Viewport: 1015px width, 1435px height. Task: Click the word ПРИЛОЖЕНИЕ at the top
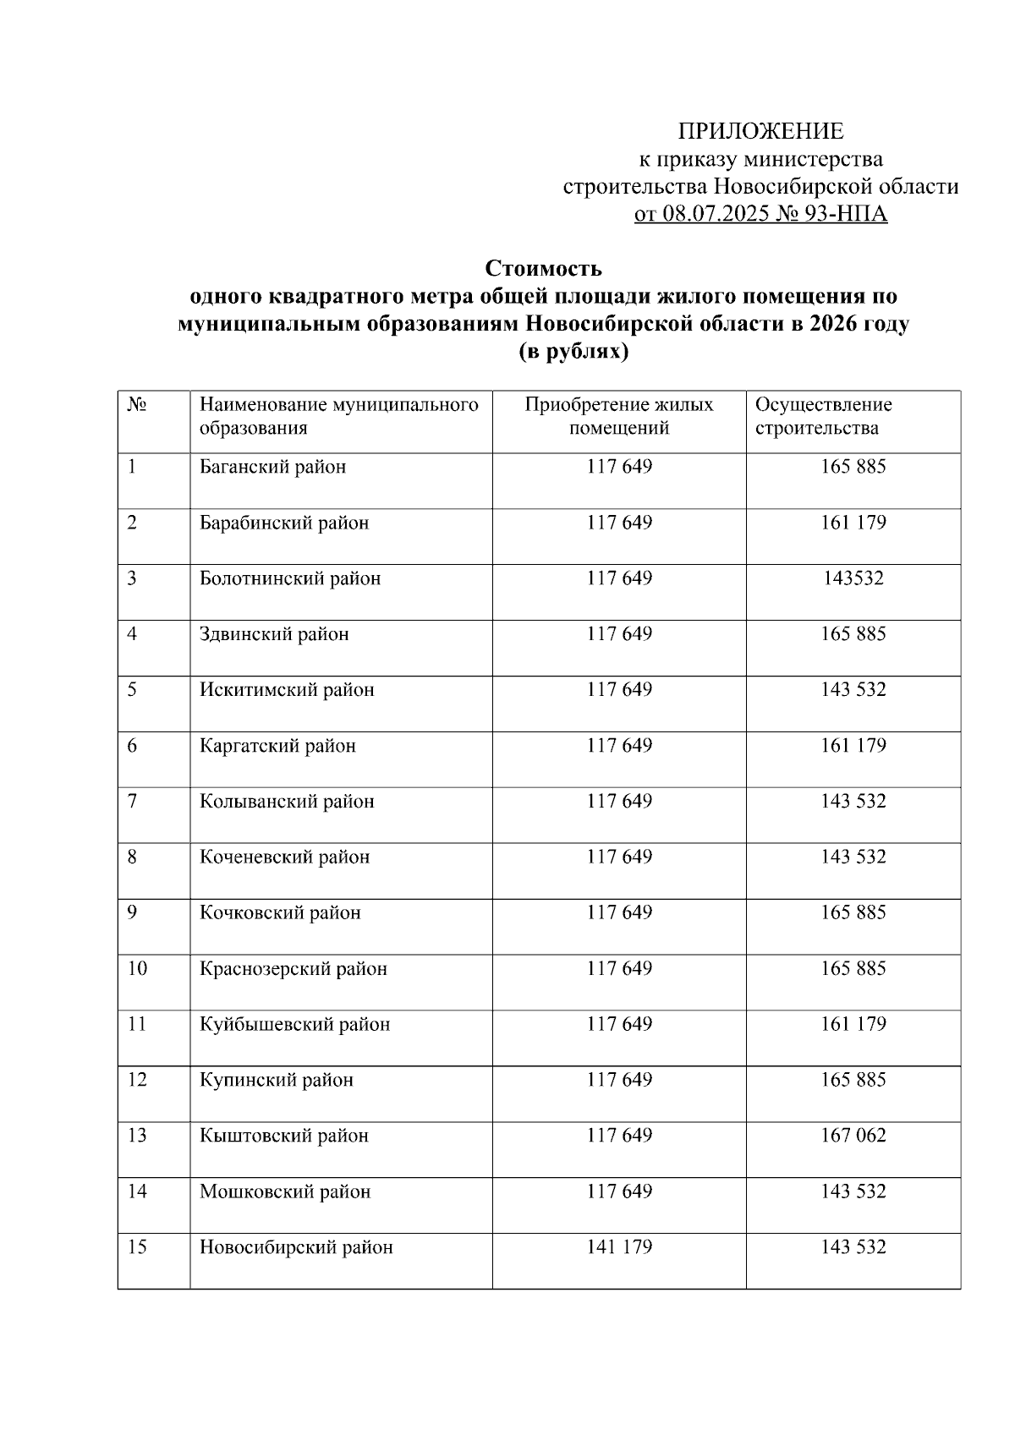tap(760, 131)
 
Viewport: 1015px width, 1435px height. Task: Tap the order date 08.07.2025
tap(716, 214)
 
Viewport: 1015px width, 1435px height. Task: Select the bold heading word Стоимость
tap(543, 269)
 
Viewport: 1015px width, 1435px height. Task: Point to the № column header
tap(138, 405)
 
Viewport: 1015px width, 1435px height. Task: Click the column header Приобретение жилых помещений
tap(619, 416)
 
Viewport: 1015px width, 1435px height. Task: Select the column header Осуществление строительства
tap(823, 416)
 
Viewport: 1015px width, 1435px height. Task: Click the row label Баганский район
tap(272, 467)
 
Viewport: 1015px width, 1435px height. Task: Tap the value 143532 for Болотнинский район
tap(853, 578)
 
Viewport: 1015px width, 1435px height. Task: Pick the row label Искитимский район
tap(287, 690)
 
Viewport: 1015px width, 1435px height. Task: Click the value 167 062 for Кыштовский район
tap(853, 1136)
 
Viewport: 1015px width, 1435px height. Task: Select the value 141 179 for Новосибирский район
tap(619, 1247)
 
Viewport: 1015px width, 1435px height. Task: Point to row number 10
tap(137, 969)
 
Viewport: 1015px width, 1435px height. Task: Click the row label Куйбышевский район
tap(294, 1025)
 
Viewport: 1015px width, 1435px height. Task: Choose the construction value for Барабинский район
tap(853, 523)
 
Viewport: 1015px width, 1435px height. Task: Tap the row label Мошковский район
tap(285, 1192)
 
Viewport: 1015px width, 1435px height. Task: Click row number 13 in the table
tap(137, 1136)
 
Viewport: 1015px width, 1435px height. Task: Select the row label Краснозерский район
tap(293, 969)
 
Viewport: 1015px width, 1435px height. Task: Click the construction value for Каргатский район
tap(853, 746)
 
